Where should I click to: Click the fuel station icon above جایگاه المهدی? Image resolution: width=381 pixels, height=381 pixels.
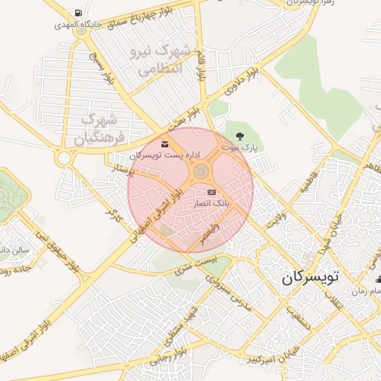[x=79, y=13]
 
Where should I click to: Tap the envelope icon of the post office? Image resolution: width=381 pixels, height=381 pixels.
[x=164, y=144]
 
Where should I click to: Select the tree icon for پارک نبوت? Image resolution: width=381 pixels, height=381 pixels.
[x=240, y=135]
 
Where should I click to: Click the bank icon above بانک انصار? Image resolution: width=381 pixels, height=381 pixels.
[x=212, y=191]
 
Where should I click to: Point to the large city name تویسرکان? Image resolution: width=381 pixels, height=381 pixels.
[x=310, y=278]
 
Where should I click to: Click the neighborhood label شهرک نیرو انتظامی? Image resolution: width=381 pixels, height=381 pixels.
[x=161, y=60]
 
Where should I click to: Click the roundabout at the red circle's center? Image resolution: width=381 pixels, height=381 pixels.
[x=200, y=173]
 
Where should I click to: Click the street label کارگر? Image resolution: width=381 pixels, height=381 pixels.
[x=113, y=216]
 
